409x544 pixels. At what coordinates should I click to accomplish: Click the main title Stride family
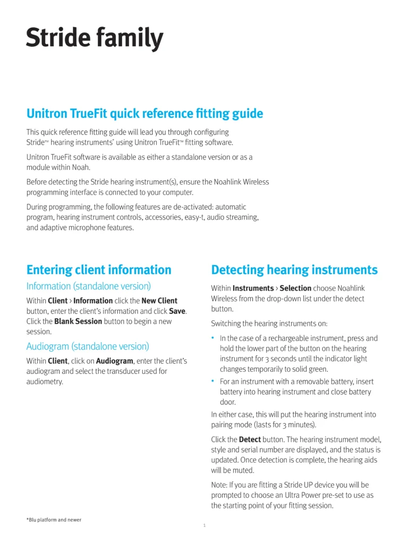[95, 39]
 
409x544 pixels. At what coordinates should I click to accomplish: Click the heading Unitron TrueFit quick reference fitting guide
[144, 113]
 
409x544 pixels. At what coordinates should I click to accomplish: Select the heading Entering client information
[99, 270]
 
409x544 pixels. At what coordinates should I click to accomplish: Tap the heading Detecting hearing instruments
[294, 270]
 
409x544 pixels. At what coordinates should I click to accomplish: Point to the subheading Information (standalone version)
[89, 286]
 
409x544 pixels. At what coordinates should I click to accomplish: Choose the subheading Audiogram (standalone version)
[88, 346]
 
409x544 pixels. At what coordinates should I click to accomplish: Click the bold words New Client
[159, 301]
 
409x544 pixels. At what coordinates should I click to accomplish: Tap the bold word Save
[177, 311]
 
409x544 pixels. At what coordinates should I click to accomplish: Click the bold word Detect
[250, 440]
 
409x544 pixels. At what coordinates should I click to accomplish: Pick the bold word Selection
[295, 288]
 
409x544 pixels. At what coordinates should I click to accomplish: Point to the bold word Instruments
[253, 288]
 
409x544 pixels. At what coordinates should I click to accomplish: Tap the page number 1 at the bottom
[204, 526]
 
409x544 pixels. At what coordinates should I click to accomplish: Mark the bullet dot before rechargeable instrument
[213, 337]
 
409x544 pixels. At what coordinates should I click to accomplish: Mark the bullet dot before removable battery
[213, 381]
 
